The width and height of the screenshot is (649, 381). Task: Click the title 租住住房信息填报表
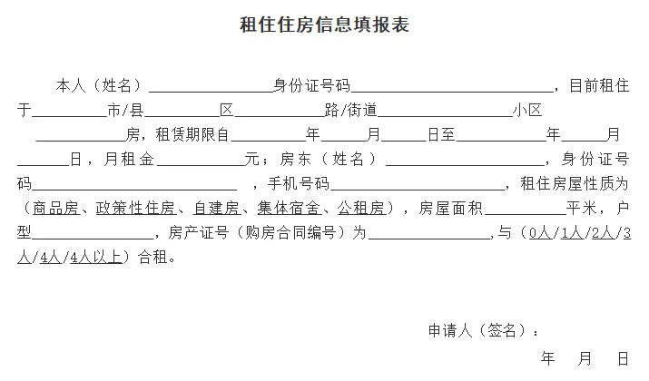pyautogui.click(x=324, y=25)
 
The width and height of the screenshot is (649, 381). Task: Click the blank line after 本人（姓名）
pyautogui.click(x=211, y=88)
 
